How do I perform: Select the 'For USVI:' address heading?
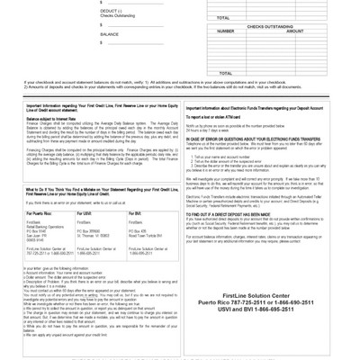pos(110,233)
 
